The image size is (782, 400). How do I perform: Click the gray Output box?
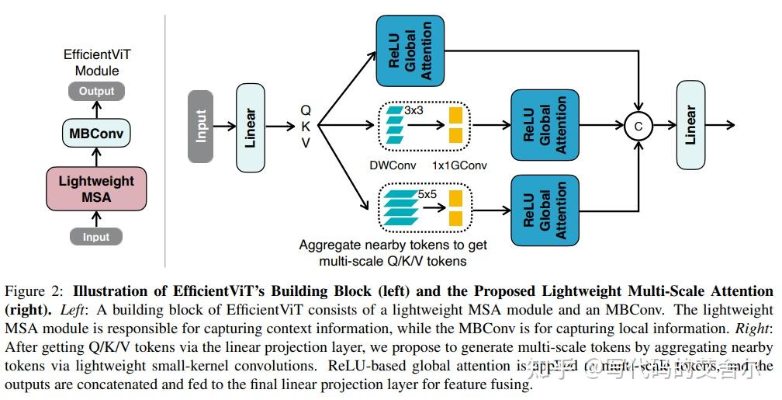tap(96, 91)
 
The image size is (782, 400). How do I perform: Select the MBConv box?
tap(96, 134)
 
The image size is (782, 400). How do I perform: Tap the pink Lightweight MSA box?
tap(96, 189)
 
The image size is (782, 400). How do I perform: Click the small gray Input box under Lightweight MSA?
tap(96, 237)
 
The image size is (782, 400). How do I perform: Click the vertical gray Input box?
tap(201, 126)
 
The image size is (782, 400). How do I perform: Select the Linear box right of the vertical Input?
tap(251, 126)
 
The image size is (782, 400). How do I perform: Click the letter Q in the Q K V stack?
tap(306, 110)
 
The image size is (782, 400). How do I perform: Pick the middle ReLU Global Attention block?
tap(545, 124)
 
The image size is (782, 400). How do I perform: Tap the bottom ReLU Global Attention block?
tap(545, 210)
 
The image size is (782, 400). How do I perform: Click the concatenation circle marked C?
tap(638, 125)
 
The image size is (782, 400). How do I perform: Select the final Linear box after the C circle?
tap(690, 125)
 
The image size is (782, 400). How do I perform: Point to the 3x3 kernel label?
tap(415, 111)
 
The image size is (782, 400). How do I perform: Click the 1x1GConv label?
tap(460, 165)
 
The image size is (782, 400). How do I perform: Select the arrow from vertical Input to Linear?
tap(224, 126)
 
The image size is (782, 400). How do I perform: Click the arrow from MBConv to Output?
tap(96, 110)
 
